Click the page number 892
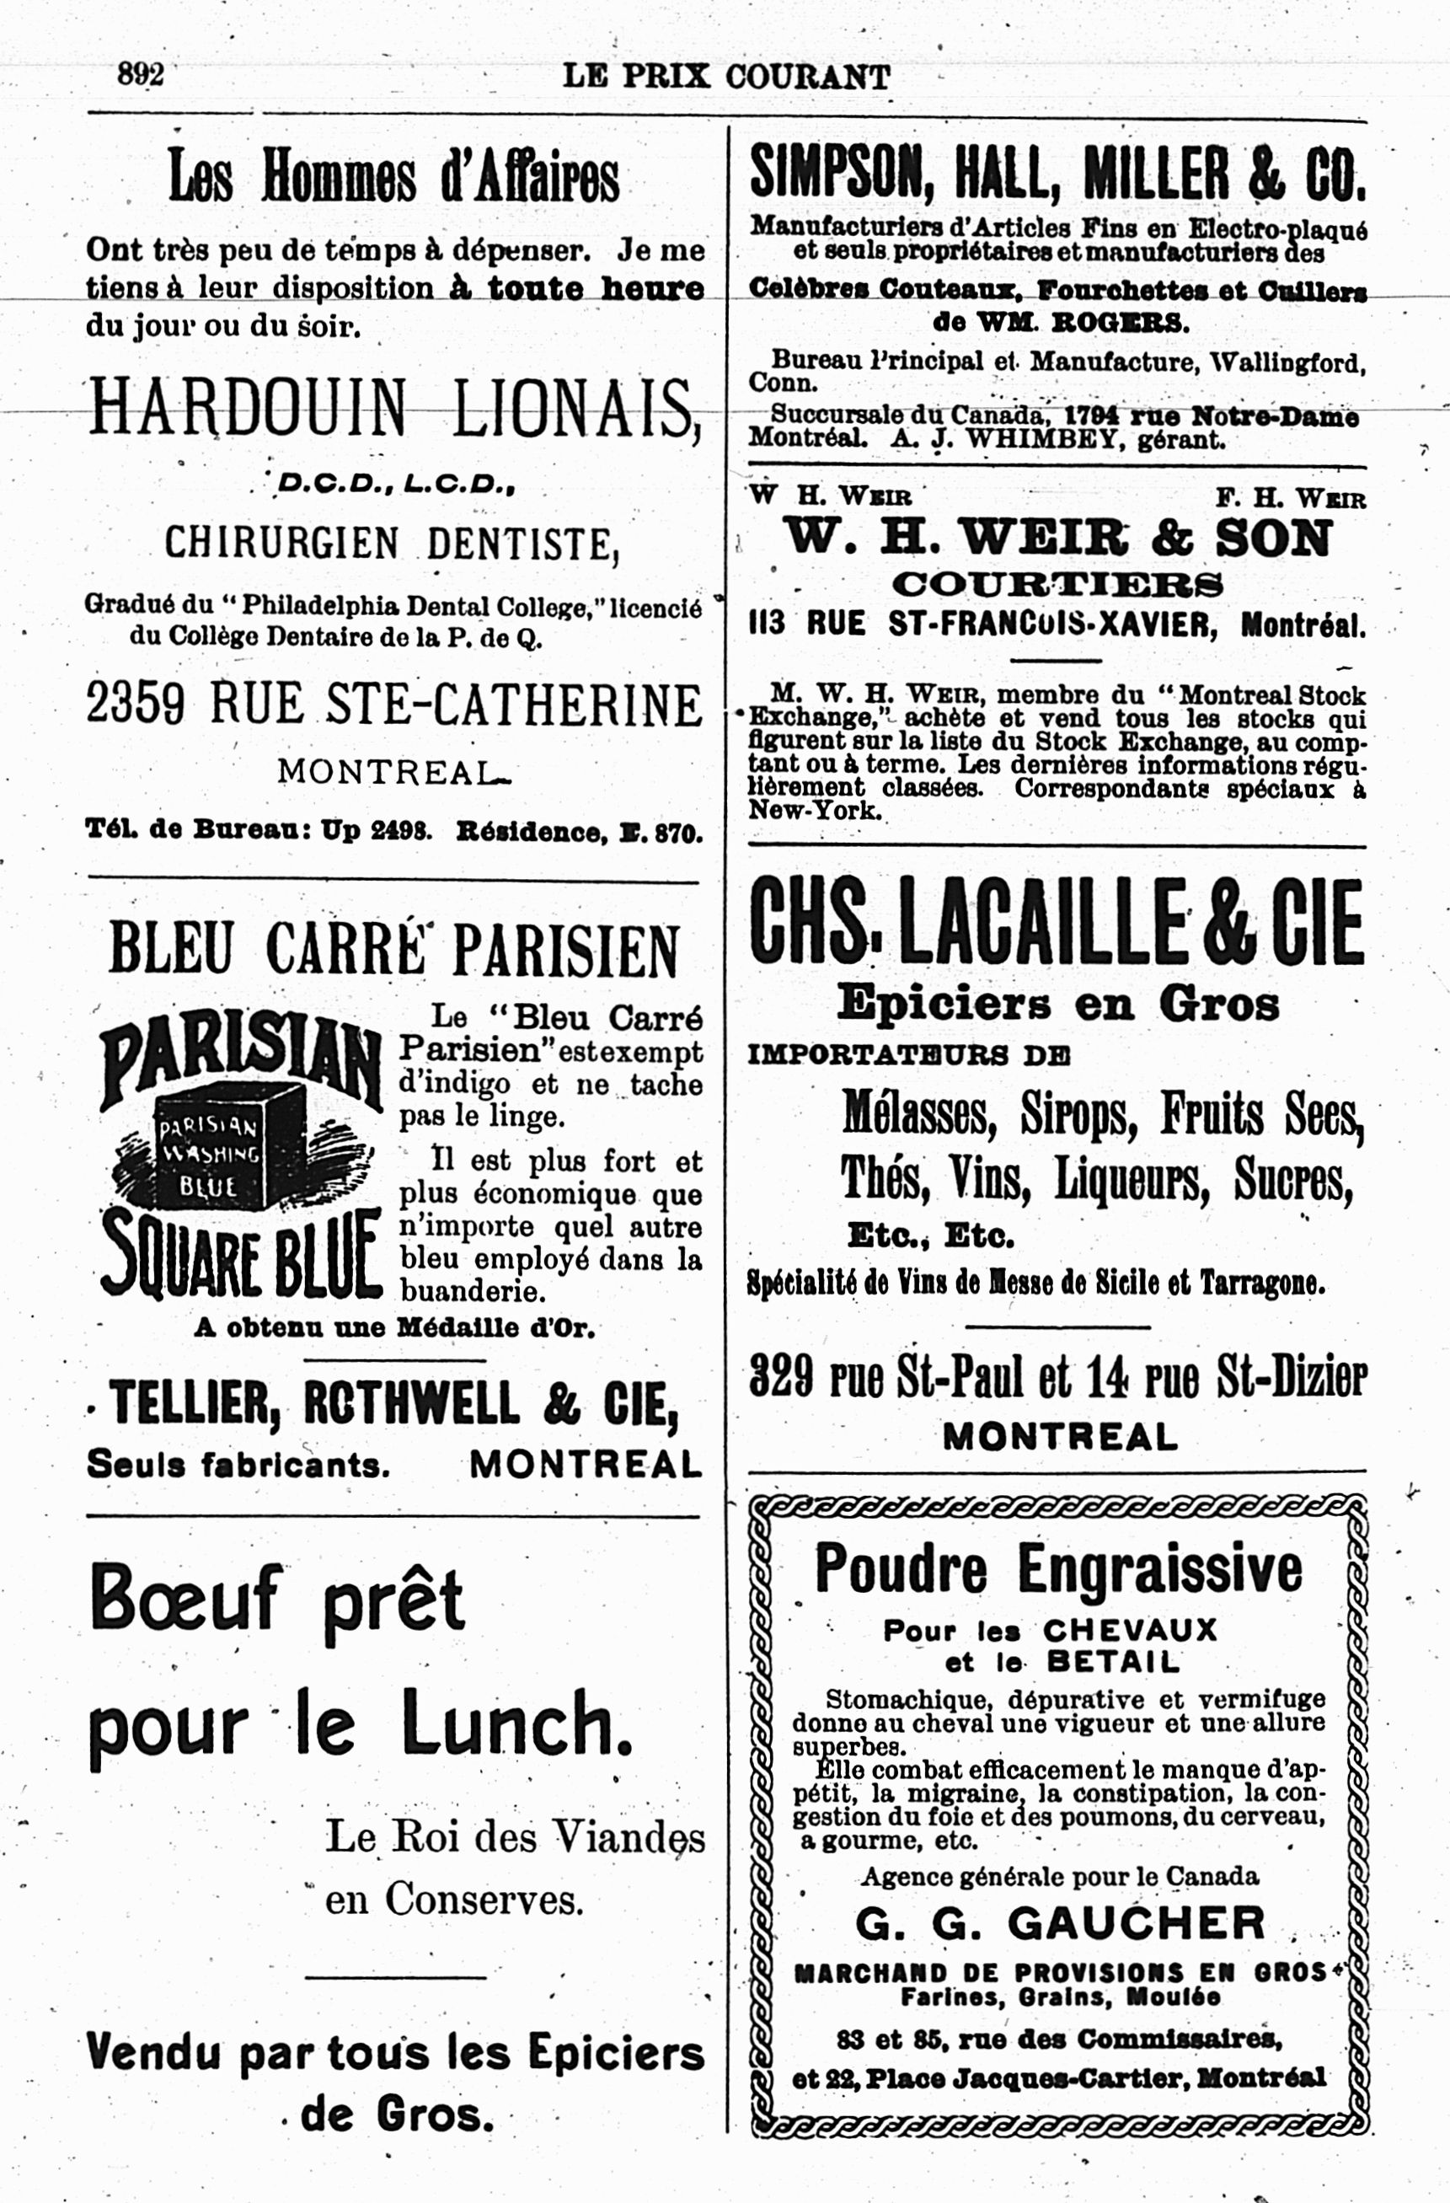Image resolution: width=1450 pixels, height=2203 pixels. click(141, 74)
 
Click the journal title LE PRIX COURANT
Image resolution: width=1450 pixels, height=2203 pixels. click(726, 76)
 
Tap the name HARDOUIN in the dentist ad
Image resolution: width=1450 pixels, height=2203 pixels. click(248, 407)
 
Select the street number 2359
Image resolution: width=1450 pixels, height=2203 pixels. click(135, 705)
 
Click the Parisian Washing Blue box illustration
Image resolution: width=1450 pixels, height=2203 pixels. click(229, 1146)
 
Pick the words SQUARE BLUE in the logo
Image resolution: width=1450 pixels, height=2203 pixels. click(241, 1253)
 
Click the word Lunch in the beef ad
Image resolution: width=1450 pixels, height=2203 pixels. click(517, 1721)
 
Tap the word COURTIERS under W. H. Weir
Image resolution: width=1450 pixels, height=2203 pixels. click(1057, 585)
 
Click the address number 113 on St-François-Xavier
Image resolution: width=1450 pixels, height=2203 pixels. click(767, 624)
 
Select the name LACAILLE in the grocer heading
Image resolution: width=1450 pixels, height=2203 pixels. click(1042, 922)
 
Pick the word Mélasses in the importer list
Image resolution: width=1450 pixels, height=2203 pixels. click(919, 1113)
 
